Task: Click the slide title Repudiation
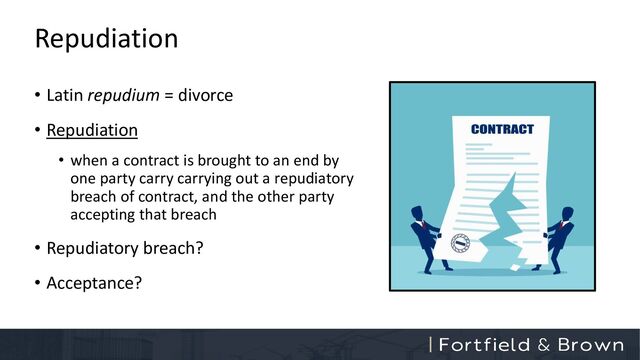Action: pyautogui.click(x=106, y=39)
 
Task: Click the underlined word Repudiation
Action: pyautogui.click(x=92, y=130)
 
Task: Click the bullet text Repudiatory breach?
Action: pyautogui.click(x=125, y=247)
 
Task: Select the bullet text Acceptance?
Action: pyautogui.click(x=94, y=282)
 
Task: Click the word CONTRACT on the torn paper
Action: pyautogui.click(x=502, y=129)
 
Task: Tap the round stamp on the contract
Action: pyautogui.click(x=461, y=244)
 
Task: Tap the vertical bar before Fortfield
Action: pyautogui.click(x=430, y=344)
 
